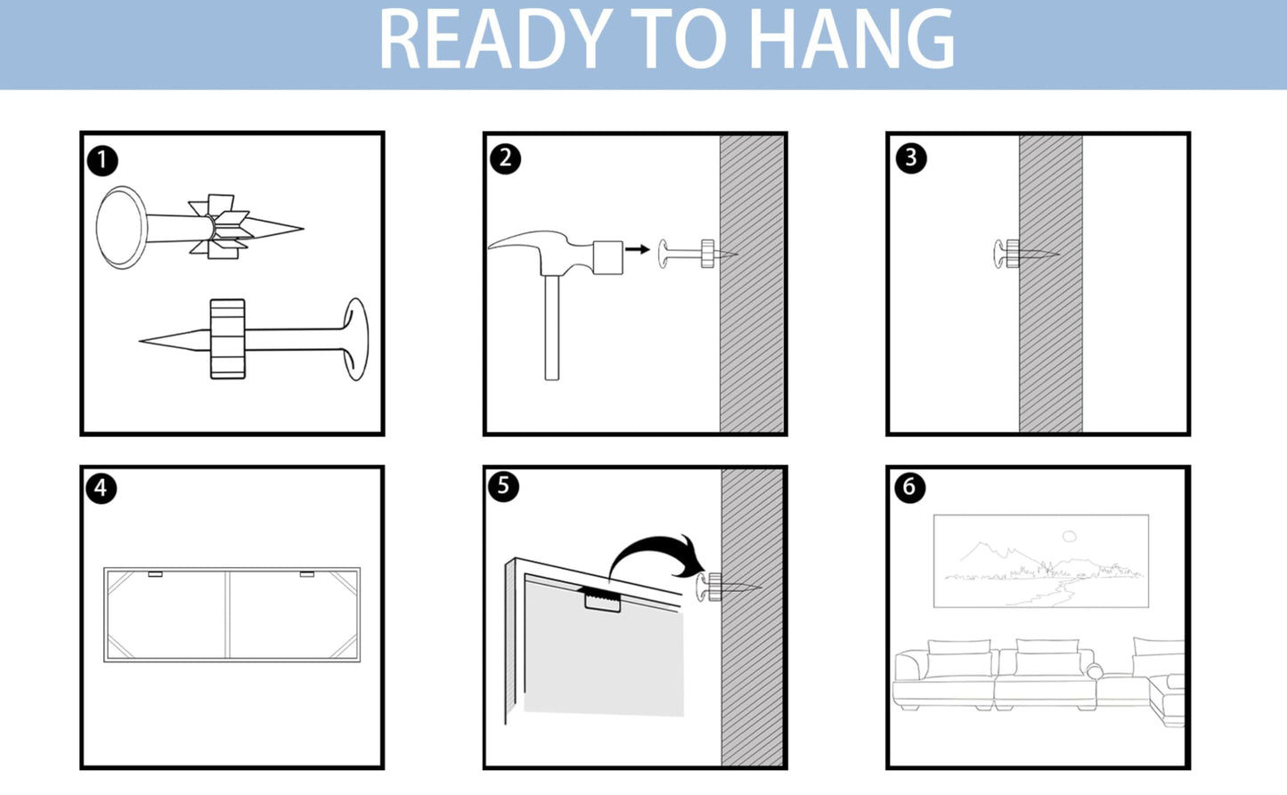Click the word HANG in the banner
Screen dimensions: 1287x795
(x=852, y=39)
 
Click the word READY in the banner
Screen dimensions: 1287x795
(x=495, y=39)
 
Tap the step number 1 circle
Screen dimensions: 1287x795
(x=102, y=160)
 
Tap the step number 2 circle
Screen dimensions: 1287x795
(x=506, y=158)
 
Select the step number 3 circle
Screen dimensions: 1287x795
(x=911, y=158)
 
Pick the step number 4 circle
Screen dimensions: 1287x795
(x=102, y=488)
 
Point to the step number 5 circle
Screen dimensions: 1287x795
(x=504, y=486)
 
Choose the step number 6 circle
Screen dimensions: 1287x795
(x=910, y=488)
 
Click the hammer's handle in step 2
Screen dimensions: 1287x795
(x=551, y=328)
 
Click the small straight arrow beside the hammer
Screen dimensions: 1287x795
(x=637, y=249)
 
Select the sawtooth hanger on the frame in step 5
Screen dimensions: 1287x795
(x=603, y=600)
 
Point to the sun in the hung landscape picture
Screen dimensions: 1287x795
(x=1069, y=536)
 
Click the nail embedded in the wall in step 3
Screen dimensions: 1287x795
(x=1026, y=254)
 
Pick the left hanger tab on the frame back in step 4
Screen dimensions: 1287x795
(x=155, y=574)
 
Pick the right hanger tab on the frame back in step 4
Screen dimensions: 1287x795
(x=306, y=574)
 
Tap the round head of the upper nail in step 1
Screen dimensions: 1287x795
(x=121, y=228)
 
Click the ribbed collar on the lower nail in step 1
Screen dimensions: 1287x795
(x=227, y=339)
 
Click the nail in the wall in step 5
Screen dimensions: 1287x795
(x=729, y=587)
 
